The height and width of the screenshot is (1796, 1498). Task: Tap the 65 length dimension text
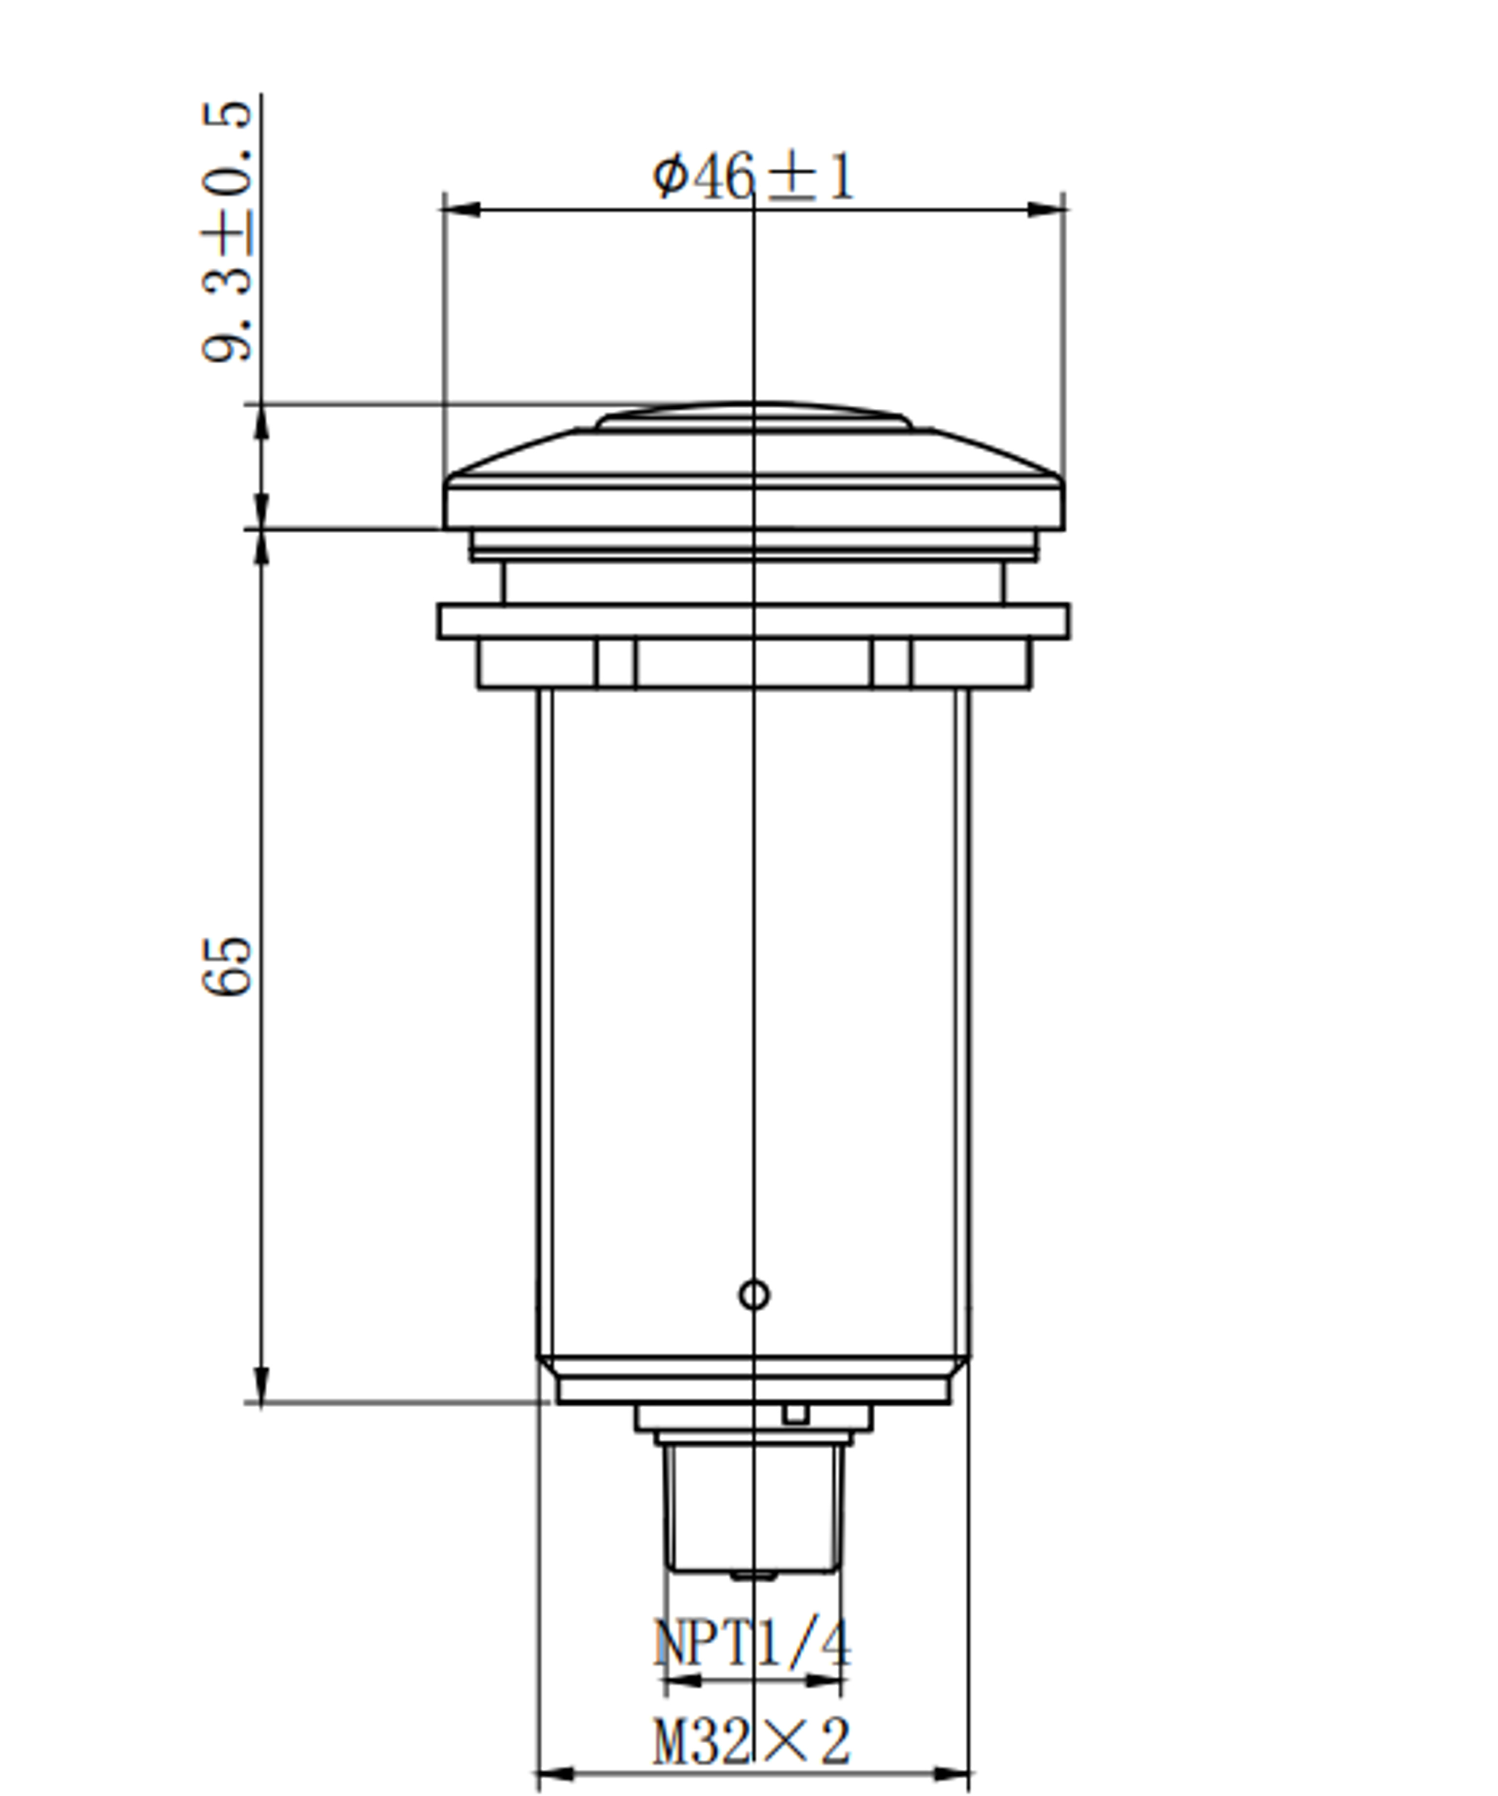pyautogui.click(x=227, y=966)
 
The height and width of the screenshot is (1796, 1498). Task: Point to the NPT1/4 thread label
pyautogui.click(x=752, y=1643)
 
